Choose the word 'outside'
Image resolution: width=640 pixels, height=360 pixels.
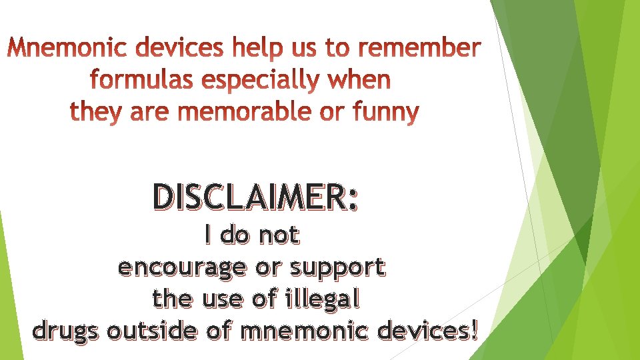151,330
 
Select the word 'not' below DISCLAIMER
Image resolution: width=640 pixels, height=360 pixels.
280,235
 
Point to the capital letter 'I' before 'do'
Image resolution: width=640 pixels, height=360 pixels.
210,235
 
